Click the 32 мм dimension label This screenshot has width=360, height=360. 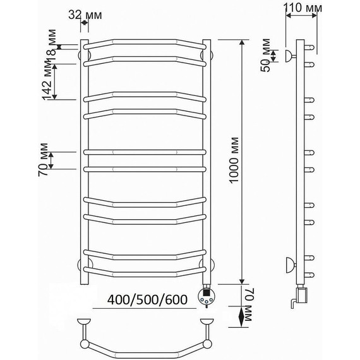(x=85, y=15)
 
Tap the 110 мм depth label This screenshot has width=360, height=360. (x=303, y=8)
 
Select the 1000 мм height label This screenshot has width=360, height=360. (x=234, y=160)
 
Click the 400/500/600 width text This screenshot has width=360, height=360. (x=147, y=299)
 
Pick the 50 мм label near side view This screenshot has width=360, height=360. (x=266, y=55)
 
